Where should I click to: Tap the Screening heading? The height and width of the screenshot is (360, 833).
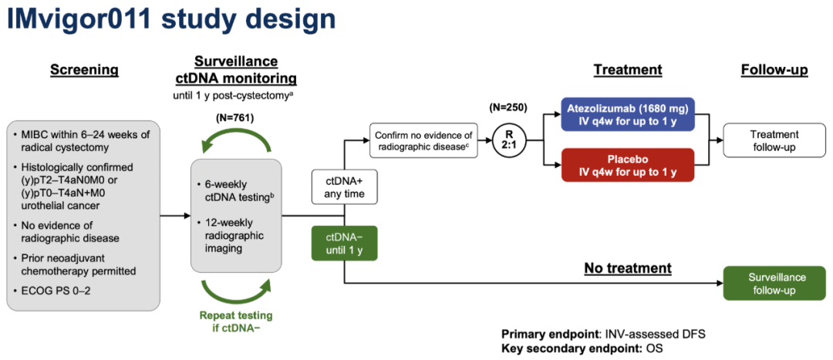pyautogui.click(x=84, y=70)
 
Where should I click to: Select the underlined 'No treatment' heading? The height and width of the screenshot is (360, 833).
pyautogui.click(x=627, y=269)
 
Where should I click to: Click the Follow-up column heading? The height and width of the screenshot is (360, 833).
pyautogui.click(x=774, y=70)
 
